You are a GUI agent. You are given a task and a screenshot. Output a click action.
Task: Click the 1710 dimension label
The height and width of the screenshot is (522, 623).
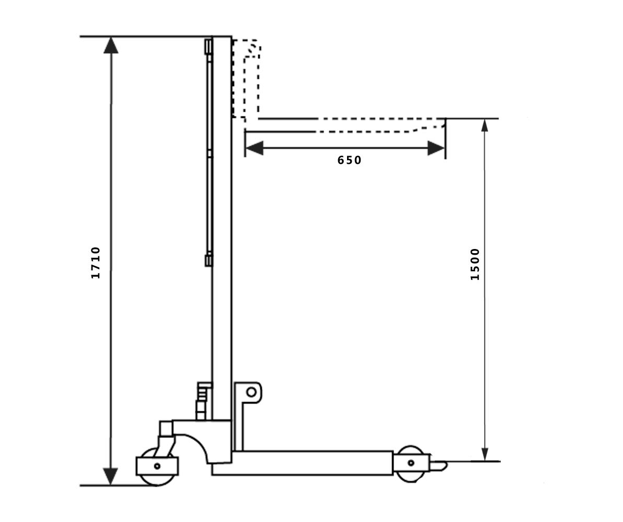[x=96, y=263]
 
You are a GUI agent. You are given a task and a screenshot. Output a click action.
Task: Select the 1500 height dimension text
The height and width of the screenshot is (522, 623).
[x=475, y=264]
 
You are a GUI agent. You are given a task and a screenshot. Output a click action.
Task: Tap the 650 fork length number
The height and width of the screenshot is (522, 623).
[x=349, y=160]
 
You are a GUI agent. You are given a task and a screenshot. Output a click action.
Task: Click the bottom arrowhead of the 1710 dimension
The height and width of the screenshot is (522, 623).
[x=110, y=476]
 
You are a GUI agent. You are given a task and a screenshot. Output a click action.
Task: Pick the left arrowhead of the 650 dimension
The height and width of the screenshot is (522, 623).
[x=253, y=148]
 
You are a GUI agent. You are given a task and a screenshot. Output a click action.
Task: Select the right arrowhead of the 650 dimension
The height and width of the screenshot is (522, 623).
[x=435, y=148]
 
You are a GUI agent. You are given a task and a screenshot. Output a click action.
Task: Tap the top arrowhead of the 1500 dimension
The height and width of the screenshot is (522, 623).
[x=484, y=125]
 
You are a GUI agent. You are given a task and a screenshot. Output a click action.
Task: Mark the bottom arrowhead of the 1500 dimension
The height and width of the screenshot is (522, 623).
[x=484, y=454]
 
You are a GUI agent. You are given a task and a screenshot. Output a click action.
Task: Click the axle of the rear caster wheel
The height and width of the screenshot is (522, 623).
[x=157, y=466]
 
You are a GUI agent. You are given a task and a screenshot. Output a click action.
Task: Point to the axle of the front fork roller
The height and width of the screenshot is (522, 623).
[x=411, y=462]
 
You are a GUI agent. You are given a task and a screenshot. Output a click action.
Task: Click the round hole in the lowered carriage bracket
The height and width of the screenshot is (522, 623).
[x=251, y=391]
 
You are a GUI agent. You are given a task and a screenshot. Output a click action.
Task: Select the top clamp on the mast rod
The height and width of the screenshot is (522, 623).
[x=208, y=46]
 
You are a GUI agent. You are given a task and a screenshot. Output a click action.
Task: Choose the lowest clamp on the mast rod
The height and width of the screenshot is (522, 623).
[x=208, y=259]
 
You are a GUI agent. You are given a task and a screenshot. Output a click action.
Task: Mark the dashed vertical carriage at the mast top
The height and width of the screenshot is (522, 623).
[x=247, y=78]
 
